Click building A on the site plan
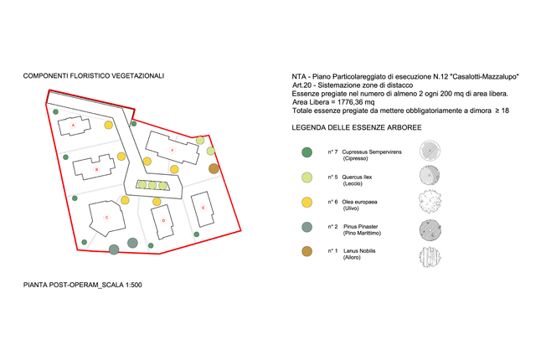coord(75,126)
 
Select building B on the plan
coord(96,168)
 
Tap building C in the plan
coord(106,218)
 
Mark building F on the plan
coord(171,151)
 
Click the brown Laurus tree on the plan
coord(214,169)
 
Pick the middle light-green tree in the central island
coord(153,185)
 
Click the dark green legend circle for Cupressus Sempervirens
coord(307,152)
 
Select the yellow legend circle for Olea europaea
coord(307,202)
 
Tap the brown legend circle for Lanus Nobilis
coord(307,251)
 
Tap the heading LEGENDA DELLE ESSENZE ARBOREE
coord(356,129)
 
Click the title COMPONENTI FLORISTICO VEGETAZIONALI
coord(94,76)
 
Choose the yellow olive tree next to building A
coord(109,126)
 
